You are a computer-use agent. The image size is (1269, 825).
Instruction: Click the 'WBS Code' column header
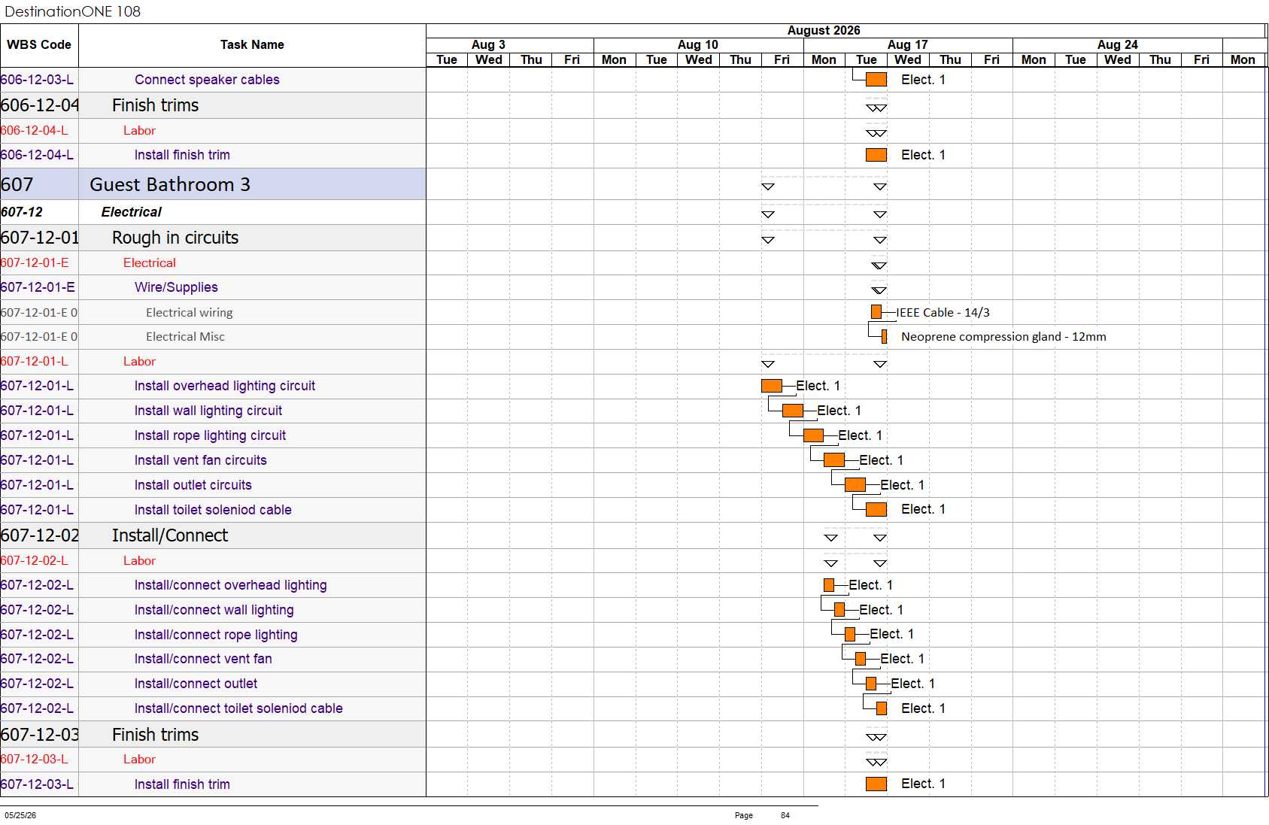39,44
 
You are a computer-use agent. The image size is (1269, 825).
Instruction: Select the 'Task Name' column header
252,44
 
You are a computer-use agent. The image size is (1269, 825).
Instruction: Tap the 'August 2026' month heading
823,31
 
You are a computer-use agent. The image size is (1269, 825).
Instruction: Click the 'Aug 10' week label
697,44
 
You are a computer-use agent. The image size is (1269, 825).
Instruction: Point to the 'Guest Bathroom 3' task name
170,184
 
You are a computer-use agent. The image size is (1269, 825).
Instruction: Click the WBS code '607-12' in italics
22,212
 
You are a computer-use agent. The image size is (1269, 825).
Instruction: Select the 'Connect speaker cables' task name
207,80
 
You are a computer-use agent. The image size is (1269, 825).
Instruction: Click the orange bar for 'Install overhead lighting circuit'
772,386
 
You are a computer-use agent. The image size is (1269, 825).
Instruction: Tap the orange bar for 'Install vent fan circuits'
834,460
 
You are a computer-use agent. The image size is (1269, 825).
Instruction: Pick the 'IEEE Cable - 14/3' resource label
943,313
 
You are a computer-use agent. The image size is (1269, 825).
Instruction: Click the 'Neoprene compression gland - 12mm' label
1003,337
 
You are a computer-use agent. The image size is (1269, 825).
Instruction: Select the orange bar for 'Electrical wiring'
876,312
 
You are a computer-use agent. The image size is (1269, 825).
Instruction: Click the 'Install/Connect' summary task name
170,535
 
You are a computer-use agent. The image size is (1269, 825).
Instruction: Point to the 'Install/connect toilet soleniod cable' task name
238,708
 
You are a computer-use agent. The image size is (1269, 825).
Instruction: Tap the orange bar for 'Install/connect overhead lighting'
829,586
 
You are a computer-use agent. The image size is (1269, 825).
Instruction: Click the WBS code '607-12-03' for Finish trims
40,735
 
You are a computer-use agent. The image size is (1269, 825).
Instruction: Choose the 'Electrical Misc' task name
185,337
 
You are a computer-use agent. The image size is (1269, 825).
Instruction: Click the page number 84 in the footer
785,815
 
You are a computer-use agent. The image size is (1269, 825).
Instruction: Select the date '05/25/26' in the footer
20,815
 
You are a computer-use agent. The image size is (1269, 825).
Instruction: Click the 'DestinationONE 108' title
72,11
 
